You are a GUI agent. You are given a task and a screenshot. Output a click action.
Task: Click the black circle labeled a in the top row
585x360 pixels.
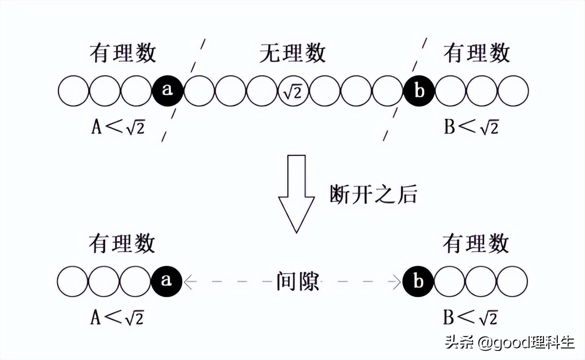tap(167, 91)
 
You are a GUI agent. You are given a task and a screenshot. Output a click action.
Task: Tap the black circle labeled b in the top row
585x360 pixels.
tap(418, 91)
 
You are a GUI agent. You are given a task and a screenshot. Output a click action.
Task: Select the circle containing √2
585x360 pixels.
tap(293, 91)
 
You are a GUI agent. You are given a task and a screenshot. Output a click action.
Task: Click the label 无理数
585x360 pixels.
tap(292, 54)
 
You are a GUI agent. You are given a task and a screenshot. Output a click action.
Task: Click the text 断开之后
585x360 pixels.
tap(373, 195)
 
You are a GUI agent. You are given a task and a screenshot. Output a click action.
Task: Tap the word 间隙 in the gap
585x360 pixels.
tap(298, 282)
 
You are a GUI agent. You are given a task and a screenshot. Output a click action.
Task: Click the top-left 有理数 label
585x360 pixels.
tap(123, 54)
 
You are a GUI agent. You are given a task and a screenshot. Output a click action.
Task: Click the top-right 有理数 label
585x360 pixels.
tap(476, 54)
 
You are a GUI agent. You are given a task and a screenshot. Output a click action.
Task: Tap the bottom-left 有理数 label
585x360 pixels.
tap(122, 244)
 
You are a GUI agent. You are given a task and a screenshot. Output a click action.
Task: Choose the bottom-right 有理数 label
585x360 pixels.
tap(476, 244)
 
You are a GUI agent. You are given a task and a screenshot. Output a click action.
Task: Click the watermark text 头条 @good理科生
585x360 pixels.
tap(511, 343)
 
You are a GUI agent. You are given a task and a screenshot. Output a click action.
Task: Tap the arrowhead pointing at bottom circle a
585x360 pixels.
tap(189, 282)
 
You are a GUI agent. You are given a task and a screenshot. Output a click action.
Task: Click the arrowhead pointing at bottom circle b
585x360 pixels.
tap(396, 282)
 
